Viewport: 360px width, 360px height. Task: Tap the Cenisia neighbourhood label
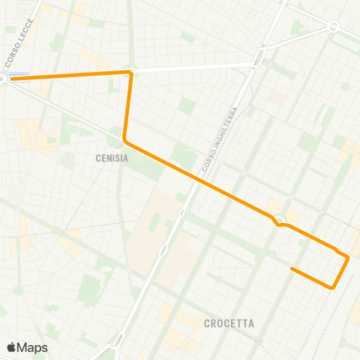[x=112, y=158]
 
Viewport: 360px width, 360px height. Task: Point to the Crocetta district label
[x=229, y=324]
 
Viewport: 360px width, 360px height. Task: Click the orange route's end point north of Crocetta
[x=292, y=268]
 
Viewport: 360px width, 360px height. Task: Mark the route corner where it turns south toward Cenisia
[x=130, y=73]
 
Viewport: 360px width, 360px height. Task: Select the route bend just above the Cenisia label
[x=125, y=140]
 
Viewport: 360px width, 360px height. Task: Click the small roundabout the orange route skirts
[x=279, y=220]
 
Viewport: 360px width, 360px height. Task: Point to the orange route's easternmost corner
[x=348, y=258]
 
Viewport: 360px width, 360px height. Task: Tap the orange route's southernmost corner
[x=331, y=286]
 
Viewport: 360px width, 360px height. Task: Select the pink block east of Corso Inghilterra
[x=277, y=97]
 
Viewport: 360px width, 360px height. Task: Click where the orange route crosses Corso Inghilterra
[x=199, y=180]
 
